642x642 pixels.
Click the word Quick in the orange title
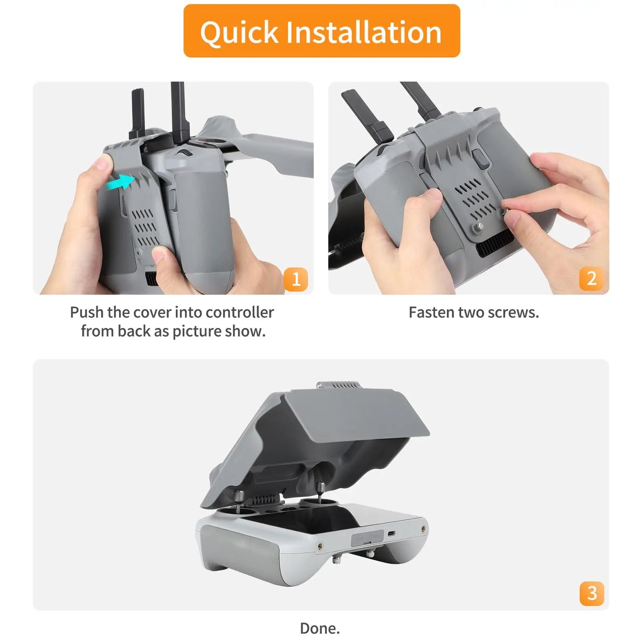pyautogui.click(x=239, y=32)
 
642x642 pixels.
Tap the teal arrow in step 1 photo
pyautogui.click(x=120, y=182)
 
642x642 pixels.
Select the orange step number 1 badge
pyautogui.click(x=296, y=279)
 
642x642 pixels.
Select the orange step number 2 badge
pyautogui.click(x=591, y=279)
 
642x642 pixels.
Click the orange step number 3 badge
pyautogui.click(x=592, y=593)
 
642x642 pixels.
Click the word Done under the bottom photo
pyautogui.click(x=319, y=628)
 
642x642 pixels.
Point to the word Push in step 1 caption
pyautogui.click(x=87, y=312)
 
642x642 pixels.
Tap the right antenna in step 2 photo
pyautogui.click(x=420, y=100)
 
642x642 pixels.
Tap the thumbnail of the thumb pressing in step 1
pyautogui.click(x=162, y=256)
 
